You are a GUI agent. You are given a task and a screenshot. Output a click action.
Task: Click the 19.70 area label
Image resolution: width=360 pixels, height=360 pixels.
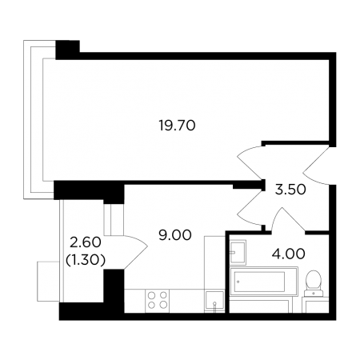(177, 126)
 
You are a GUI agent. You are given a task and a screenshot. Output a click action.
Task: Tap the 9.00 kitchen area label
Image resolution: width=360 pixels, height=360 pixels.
(175, 235)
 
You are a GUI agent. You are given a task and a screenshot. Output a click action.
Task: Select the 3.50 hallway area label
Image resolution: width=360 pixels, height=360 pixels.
(290, 190)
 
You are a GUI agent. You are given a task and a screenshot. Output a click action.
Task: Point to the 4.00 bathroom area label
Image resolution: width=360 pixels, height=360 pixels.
(288, 254)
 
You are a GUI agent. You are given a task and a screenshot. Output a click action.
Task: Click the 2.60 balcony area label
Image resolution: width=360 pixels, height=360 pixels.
(85, 242)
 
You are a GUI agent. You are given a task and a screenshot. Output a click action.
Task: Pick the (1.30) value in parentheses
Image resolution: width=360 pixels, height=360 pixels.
(85, 259)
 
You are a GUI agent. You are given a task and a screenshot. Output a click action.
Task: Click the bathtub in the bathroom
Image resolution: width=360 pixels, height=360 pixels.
(263, 282)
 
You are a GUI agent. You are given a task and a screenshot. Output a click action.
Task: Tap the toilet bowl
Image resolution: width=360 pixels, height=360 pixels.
(314, 280)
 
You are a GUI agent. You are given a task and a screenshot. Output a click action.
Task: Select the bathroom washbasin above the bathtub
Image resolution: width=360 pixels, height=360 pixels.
(238, 252)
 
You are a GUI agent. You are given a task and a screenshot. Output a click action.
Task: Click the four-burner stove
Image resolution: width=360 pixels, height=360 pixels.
(158, 301)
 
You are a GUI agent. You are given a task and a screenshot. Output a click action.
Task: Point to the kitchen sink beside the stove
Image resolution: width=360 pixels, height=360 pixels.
(214, 302)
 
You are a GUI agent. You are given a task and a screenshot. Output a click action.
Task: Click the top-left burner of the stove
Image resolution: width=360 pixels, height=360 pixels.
(152, 295)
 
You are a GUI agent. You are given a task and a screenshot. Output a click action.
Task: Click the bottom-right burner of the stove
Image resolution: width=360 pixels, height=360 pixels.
(163, 305)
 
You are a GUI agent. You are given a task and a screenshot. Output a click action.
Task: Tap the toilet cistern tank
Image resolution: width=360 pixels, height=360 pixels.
(314, 293)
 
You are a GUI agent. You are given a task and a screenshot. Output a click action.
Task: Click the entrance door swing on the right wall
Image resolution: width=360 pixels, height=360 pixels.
(316, 166)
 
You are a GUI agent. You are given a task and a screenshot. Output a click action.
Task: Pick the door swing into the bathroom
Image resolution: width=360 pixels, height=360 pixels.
(288, 219)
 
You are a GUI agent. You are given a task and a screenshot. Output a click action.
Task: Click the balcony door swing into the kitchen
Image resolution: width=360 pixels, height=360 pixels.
(136, 252)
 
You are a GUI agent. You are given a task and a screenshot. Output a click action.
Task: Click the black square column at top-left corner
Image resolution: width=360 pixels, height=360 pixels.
(67, 50)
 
